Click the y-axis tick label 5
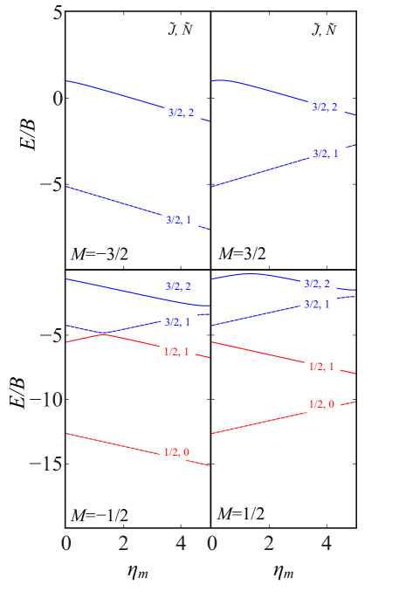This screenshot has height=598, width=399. (x=58, y=14)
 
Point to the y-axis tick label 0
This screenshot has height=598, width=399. (x=58, y=98)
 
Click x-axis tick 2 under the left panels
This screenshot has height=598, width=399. (x=123, y=544)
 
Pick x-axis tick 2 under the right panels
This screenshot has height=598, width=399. (x=269, y=544)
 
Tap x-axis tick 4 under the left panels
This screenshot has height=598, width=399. (x=181, y=544)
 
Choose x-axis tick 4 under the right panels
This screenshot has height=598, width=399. (x=327, y=544)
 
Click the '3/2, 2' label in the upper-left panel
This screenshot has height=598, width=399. (x=181, y=113)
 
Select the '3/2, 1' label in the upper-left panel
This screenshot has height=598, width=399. (x=181, y=219)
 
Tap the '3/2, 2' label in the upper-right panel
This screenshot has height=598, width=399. (x=327, y=107)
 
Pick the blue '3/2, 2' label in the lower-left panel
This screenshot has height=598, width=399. (x=179, y=286)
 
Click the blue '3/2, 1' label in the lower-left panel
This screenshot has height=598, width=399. (x=179, y=323)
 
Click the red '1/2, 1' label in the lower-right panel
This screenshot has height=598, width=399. (x=321, y=367)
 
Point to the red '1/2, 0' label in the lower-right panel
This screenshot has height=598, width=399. (x=321, y=403)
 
